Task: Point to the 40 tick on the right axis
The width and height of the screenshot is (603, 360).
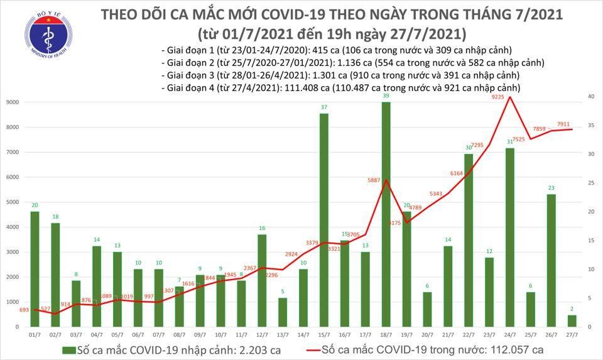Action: (x=590, y=97)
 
